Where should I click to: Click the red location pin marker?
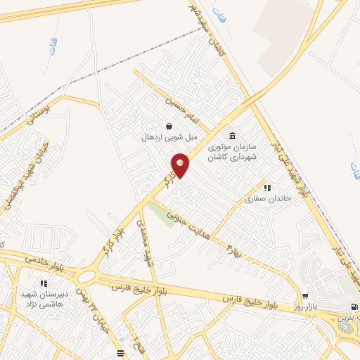coord(181,165)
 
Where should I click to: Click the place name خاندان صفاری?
coord(257,199)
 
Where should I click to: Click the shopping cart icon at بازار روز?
coord(304,296)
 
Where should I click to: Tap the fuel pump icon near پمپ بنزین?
coord(353,307)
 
